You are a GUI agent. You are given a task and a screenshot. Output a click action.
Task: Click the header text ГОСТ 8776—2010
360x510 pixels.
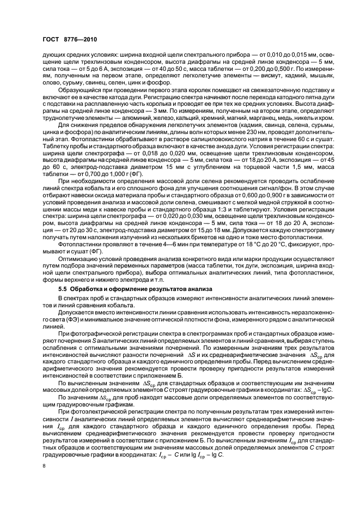point(63,40)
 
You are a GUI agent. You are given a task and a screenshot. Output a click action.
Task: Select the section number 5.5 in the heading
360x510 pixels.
point(63,287)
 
